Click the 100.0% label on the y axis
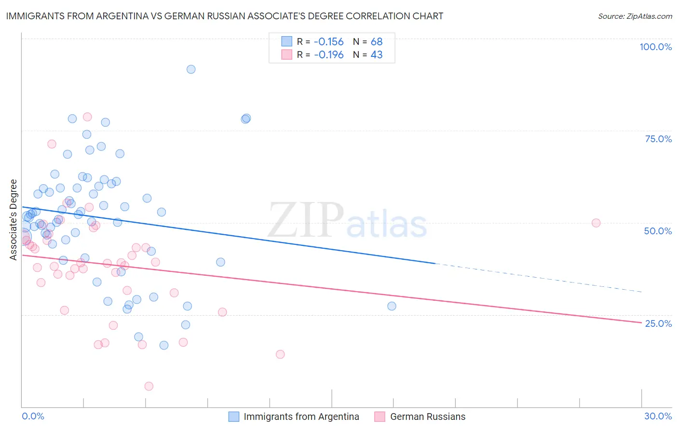pos(655,47)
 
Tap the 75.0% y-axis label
pos(658,139)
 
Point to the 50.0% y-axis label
pos(658,231)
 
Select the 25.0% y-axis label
pos(658,323)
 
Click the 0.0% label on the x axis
pos(33,416)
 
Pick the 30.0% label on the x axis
pos(658,416)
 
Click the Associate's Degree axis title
pos(14,220)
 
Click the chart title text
pos(225,16)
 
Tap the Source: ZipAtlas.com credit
pos(635,16)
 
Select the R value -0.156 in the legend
pos(328,42)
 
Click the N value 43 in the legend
pos(377,55)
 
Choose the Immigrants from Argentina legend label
pos(301,417)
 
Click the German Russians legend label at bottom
pos(428,417)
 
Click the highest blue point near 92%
pos(191,69)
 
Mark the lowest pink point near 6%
pos(149,386)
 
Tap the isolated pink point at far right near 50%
pos(596,223)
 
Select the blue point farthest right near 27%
pos(392,306)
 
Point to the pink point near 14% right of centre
pos(280,354)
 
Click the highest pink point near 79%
pos(87,117)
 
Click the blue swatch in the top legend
pos(286,42)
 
